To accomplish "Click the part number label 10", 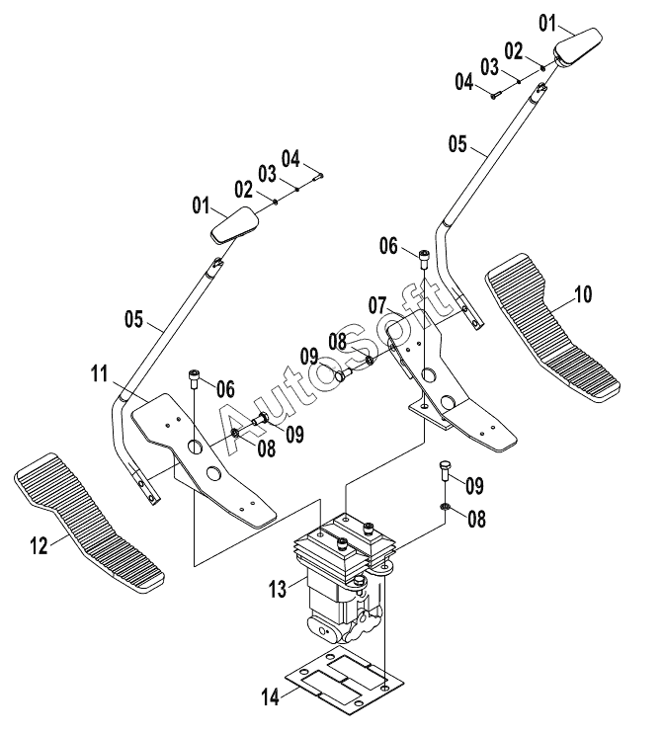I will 583,292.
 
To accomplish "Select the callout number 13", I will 278,589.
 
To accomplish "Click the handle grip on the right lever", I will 579,46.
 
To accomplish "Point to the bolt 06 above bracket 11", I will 196,378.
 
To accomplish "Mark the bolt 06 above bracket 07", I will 425,258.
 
